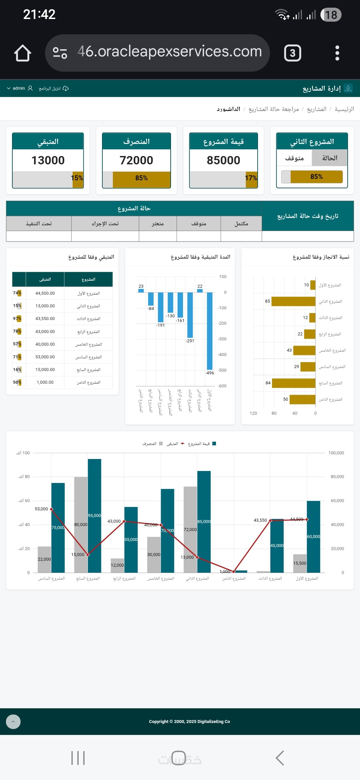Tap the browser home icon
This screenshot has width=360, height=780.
click(23, 53)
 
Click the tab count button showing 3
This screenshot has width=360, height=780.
click(292, 53)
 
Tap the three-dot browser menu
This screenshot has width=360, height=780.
click(337, 53)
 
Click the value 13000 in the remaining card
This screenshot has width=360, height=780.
click(48, 160)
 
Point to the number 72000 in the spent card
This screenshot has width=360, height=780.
click(136, 160)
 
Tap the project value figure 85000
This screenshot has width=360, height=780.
click(223, 160)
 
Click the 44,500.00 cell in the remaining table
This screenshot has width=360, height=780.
click(45, 293)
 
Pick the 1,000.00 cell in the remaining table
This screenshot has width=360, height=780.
click(45, 382)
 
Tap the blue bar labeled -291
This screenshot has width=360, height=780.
click(190, 315)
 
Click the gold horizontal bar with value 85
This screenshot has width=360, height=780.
click(293, 301)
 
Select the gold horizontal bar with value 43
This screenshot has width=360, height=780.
click(304, 350)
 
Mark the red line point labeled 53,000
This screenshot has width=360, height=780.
click(51, 509)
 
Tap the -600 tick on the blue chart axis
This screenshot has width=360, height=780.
click(222, 386)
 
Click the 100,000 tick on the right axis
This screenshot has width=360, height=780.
click(336, 453)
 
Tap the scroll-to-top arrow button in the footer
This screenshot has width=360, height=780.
click(13, 722)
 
